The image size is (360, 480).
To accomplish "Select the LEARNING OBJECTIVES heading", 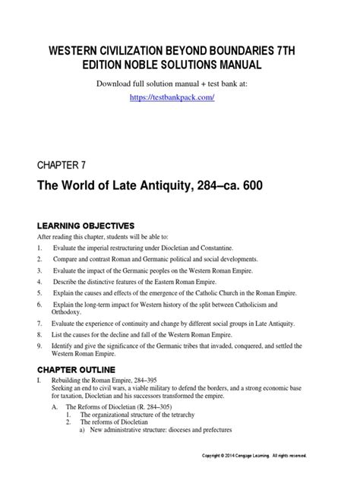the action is pyautogui.click(x=85, y=226).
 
